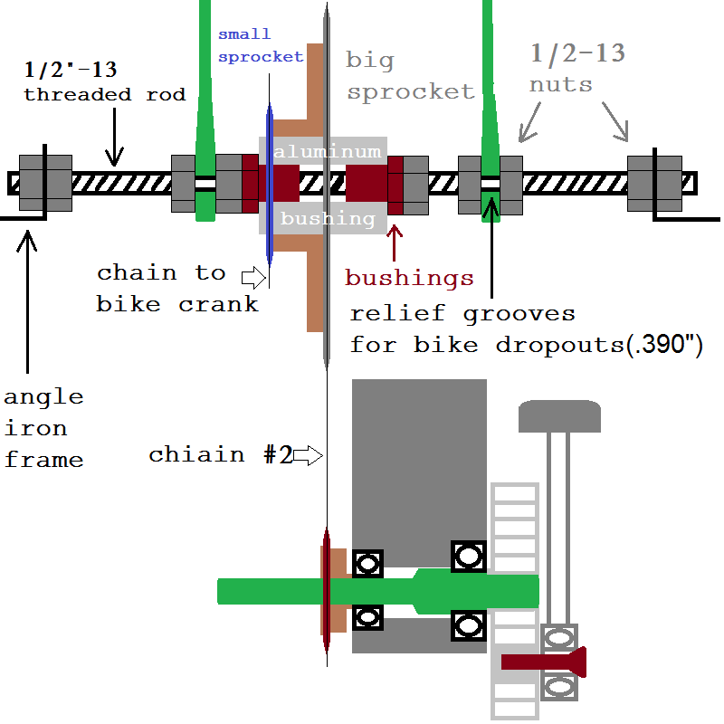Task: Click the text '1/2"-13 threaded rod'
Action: pos(104,81)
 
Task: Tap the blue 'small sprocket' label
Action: pos(261,45)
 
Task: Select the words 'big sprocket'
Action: pos(410,76)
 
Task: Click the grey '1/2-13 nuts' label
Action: pos(577,68)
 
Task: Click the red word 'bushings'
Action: pos(409,277)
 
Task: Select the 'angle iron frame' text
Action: pos(43,427)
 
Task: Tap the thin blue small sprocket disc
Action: pos(269,181)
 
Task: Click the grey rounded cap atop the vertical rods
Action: pos(559,416)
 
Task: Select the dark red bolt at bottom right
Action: pos(544,662)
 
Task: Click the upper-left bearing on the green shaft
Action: pos(367,564)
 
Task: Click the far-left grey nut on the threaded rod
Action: pos(45,183)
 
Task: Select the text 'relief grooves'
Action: pos(462,313)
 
